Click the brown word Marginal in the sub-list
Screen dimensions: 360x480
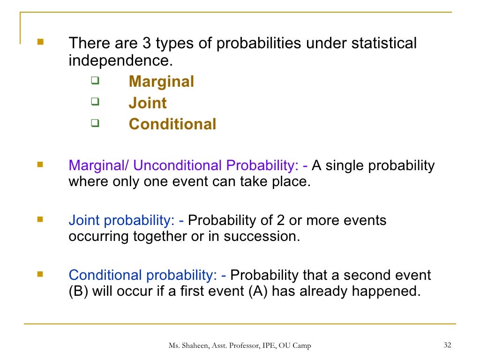[161, 82]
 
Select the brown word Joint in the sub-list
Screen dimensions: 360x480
[148, 103]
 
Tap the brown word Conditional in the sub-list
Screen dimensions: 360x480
[172, 124]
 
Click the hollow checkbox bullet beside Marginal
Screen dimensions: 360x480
[95, 81]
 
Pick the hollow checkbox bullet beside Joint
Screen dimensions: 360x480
[95, 102]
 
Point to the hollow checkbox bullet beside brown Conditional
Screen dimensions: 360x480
[95, 123]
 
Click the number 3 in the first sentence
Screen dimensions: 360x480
[146, 44]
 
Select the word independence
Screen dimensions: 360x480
[117, 61]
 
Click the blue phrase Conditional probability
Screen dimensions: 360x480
[143, 275]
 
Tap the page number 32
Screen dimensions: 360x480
[447, 345]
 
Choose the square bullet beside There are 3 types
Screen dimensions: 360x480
[40, 42]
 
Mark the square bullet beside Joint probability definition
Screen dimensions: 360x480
[40, 218]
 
